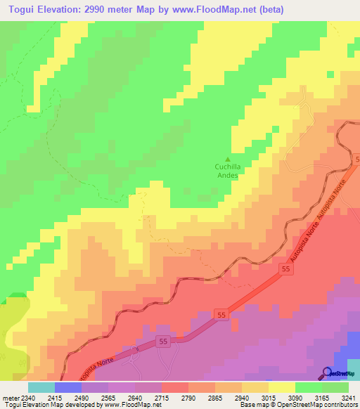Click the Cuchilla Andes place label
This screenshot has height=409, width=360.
pos(226,171)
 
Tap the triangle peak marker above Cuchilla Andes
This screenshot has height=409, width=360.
pos(226,158)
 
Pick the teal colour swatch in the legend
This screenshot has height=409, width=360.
pos(41,387)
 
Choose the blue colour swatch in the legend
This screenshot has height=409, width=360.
pos(67,387)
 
